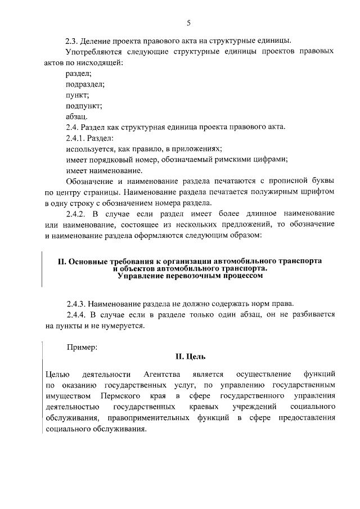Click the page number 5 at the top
click(189, 22)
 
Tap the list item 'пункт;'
click(77, 95)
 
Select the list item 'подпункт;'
click(84, 106)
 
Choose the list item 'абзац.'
click(76, 116)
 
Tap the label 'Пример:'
click(82, 348)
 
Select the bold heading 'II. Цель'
click(190, 357)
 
